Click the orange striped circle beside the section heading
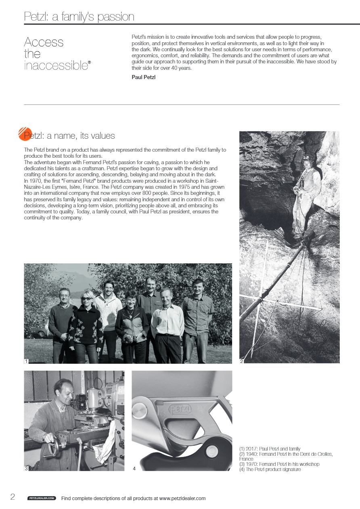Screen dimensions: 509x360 (25, 134)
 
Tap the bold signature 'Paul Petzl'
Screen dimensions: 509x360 (144, 77)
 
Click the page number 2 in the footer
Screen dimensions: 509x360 (13, 497)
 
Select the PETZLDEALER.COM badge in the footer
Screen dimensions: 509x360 (42, 499)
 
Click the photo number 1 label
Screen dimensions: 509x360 (26, 361)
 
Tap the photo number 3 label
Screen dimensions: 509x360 (26, 468)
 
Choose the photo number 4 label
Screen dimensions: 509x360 (134, 468)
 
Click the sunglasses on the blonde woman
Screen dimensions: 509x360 (86, 298)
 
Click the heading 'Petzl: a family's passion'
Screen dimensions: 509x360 (79, 17)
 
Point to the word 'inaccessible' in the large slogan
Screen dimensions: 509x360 (56, 65)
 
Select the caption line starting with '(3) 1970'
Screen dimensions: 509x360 (279, 464)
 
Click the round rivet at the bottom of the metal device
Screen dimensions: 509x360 (212, 452)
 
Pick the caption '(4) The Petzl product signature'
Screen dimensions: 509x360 (270, 469)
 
